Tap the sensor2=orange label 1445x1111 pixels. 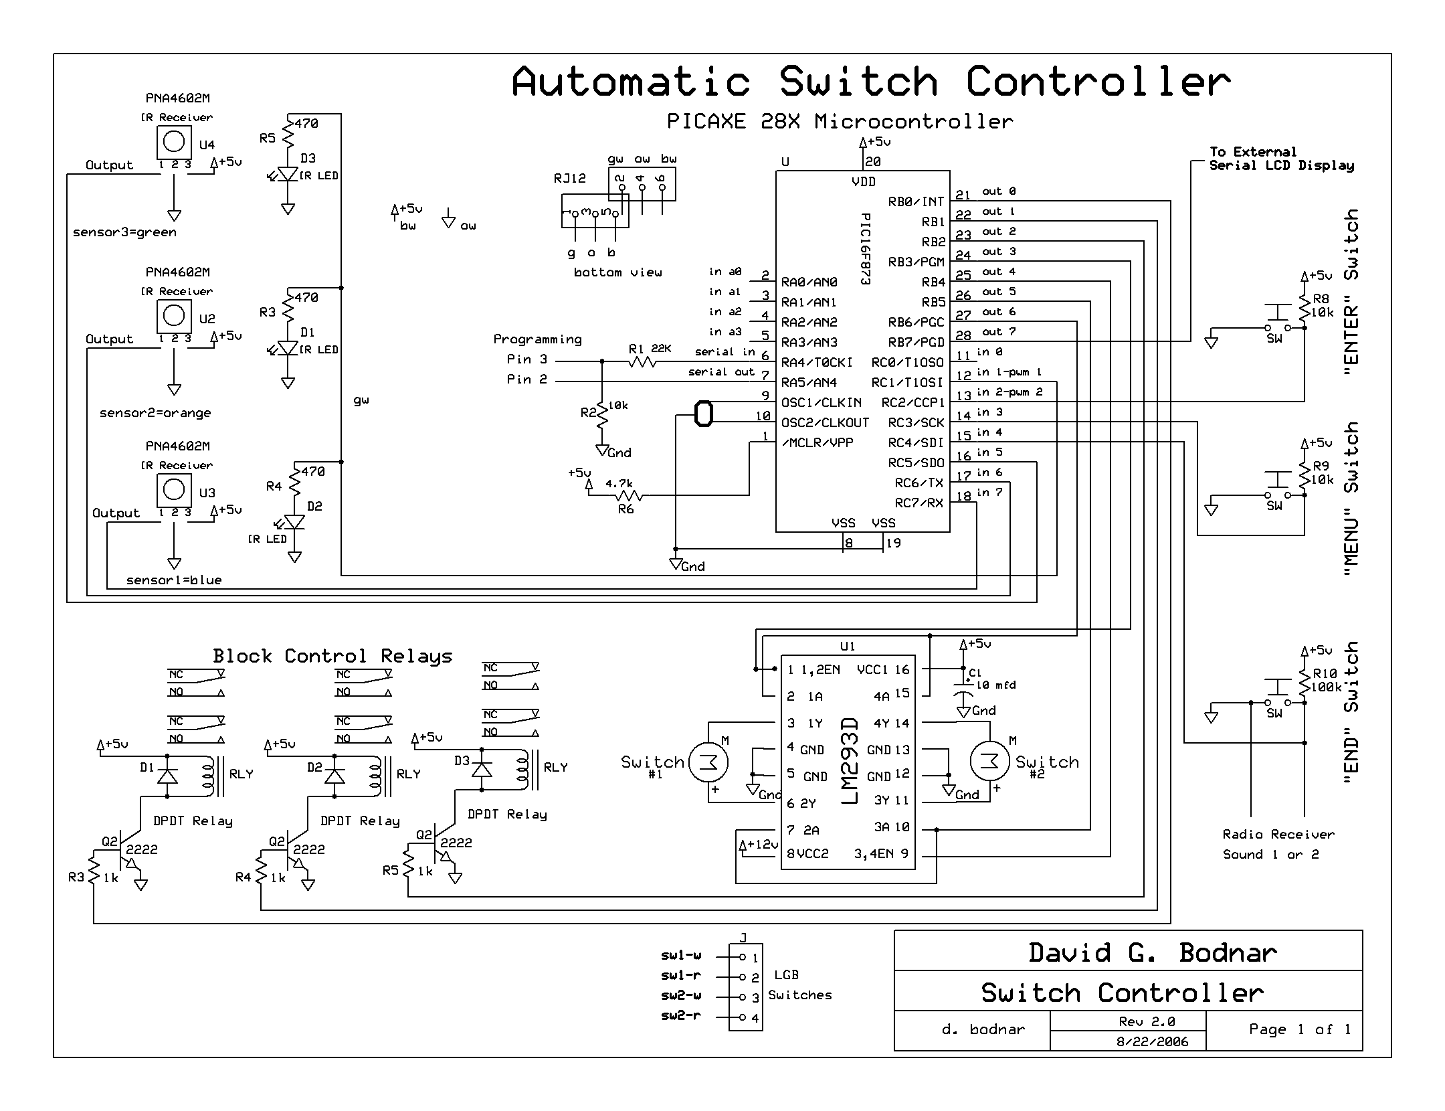tap(155, 413)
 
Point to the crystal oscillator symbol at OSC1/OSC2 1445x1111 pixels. tap(703, 414)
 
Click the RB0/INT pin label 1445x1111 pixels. tap(916, 201)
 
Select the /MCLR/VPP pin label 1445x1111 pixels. tap(817, 442)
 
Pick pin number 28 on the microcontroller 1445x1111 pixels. tap(963, 335)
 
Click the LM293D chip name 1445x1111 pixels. tap(849, 762)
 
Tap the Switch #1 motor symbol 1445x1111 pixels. tap(708, 762)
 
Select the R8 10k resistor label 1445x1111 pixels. tap(1323, 306)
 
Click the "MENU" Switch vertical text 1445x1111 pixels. tap(1351, 499)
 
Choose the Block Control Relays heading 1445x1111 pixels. tap(332, 656)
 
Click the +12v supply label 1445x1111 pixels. tap(759, 845)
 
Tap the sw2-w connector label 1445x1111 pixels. tap(681, 995)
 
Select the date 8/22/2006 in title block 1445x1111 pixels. tap(1152, 1041)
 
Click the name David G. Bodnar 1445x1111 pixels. tap(1152, 952)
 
